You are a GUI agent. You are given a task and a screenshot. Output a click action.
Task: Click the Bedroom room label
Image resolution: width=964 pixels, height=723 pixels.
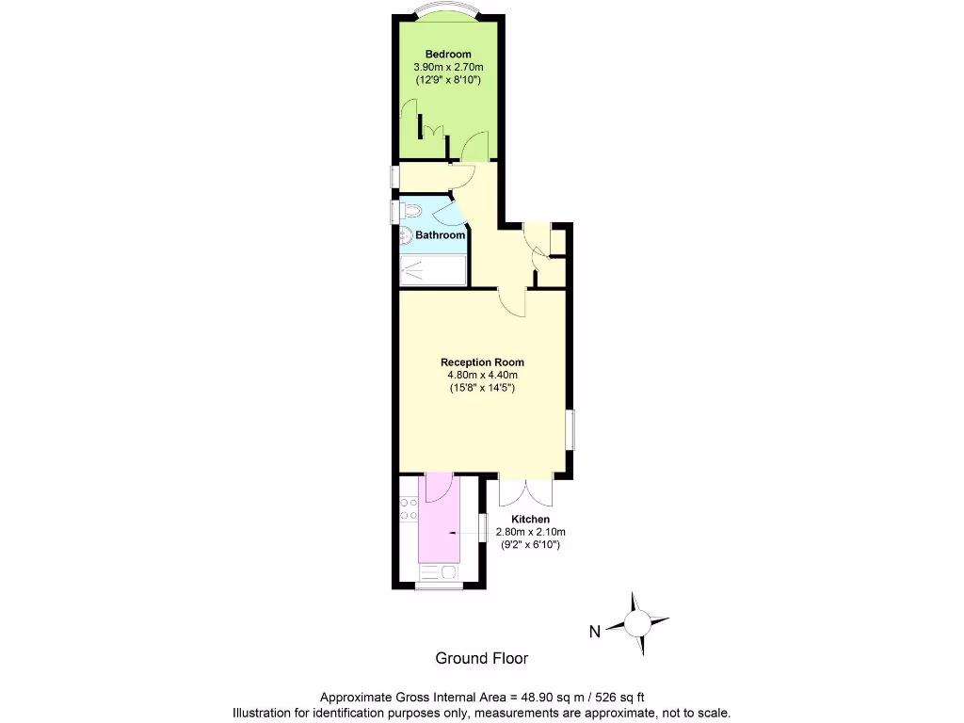point(447,54)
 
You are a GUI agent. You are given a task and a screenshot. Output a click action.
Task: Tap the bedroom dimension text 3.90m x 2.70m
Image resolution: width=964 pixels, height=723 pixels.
point(448,68)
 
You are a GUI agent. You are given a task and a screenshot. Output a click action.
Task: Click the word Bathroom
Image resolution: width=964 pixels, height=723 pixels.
point(441,235)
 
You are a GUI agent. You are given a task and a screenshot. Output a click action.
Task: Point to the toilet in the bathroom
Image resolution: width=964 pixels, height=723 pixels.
point(409,210)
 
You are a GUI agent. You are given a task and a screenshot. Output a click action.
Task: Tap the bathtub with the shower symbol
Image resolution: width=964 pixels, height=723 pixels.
point(432,271)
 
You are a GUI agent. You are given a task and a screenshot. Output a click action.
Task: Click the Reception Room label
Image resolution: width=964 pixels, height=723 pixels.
point(482,362)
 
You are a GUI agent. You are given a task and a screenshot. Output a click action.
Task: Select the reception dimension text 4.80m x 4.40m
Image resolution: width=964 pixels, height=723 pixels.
point(482,376)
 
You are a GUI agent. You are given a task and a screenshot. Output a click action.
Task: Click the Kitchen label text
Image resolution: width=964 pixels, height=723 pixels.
point(530,520)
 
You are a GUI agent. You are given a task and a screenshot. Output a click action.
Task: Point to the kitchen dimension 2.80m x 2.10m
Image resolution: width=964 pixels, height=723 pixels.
point(530,532)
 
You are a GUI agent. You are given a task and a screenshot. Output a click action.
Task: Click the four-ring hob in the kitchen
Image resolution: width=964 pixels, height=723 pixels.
point(409,509)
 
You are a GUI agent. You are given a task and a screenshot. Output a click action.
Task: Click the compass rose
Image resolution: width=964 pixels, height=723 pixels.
point(637,623)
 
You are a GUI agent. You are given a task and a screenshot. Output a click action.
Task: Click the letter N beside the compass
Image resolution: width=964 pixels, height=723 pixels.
point(594,632)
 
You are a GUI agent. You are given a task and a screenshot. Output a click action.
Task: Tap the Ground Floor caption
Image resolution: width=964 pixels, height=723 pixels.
point(481,659)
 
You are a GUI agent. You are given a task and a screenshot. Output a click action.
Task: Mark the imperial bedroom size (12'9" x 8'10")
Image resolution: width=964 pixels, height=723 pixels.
point(448,82)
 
